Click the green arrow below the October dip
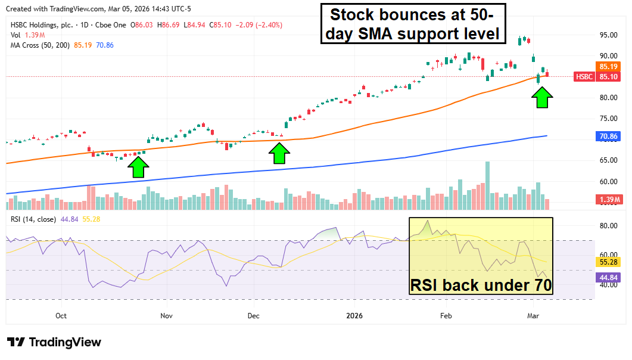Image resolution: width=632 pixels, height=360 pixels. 138,167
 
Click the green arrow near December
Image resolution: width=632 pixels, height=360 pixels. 278,153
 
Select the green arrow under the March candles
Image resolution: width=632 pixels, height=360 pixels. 541,97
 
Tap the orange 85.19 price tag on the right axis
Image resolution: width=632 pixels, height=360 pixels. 608,67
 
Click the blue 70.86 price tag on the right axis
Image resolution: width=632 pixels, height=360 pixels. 608,136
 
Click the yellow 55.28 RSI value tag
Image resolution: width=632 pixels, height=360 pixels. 608,262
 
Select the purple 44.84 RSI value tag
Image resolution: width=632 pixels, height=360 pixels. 608,277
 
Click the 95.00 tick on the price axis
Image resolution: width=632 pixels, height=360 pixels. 608,35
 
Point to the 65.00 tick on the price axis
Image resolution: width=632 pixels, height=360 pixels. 608,160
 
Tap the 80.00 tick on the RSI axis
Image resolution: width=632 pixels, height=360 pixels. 608,226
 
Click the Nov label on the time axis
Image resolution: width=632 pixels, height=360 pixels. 166,315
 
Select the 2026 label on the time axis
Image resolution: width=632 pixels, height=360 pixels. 354,315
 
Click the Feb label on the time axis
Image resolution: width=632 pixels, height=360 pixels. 446,315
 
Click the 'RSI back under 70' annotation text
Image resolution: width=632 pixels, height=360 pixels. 481,285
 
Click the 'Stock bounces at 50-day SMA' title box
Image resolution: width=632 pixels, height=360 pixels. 412,24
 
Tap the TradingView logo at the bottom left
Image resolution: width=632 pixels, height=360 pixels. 54,342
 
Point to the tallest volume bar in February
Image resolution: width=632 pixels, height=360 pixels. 487,185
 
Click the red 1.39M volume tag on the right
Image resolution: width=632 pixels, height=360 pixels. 608,198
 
